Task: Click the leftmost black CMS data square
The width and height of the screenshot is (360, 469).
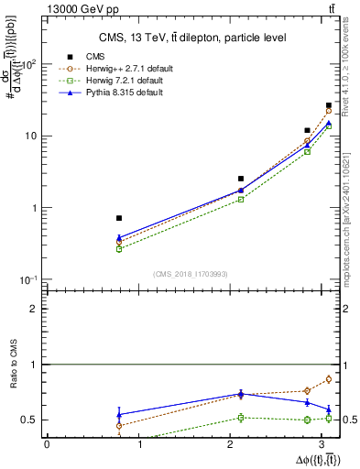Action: tap(119, 218)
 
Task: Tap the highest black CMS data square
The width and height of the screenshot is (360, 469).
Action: tap(329, 105)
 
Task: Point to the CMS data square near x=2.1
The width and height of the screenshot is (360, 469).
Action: tap(241, 179)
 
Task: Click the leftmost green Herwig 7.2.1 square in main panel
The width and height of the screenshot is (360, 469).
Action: tap(119, 248)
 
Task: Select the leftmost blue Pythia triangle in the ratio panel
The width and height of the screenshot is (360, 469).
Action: tap(119, 414)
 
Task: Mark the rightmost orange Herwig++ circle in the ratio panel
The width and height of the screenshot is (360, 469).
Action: tap(329, 379)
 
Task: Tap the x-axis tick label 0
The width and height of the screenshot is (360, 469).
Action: tap(47, 445)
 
